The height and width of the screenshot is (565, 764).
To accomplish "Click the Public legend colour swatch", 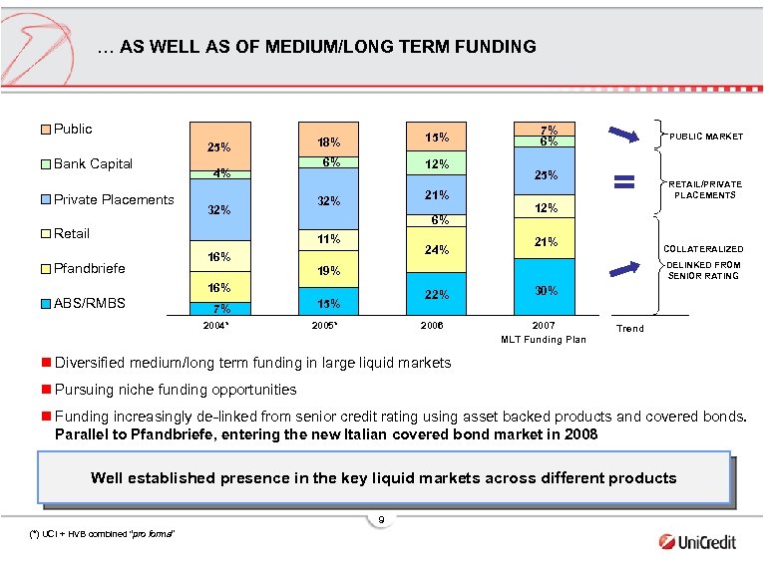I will [46, 130].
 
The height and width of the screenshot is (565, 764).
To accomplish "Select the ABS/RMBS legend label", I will [90, 303].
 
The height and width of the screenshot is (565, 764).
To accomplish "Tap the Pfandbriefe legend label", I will [91, 268].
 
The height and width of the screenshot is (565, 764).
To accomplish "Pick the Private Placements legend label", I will [113, 199].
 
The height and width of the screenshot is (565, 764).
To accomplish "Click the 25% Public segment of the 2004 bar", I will [219, 146].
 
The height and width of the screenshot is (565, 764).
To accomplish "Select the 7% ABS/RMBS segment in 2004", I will [219, 308].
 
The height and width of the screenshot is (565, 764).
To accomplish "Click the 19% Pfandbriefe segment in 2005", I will [328, 270].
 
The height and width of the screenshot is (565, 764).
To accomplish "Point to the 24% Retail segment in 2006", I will [436, 250].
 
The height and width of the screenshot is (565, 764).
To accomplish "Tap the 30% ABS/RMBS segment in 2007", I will [544, 290].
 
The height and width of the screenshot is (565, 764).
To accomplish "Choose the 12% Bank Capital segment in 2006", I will [436, 164].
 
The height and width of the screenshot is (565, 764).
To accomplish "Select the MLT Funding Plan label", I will [544, 341].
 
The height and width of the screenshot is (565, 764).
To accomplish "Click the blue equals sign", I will [624, 181].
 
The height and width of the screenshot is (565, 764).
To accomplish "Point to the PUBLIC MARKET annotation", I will [706, 137].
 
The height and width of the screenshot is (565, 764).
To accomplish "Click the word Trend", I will [630, 328].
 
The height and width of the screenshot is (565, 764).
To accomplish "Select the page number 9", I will [381, 520].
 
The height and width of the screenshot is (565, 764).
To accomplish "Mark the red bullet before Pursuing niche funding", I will [46, 390].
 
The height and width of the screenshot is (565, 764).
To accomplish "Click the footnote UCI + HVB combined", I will [103, 535].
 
